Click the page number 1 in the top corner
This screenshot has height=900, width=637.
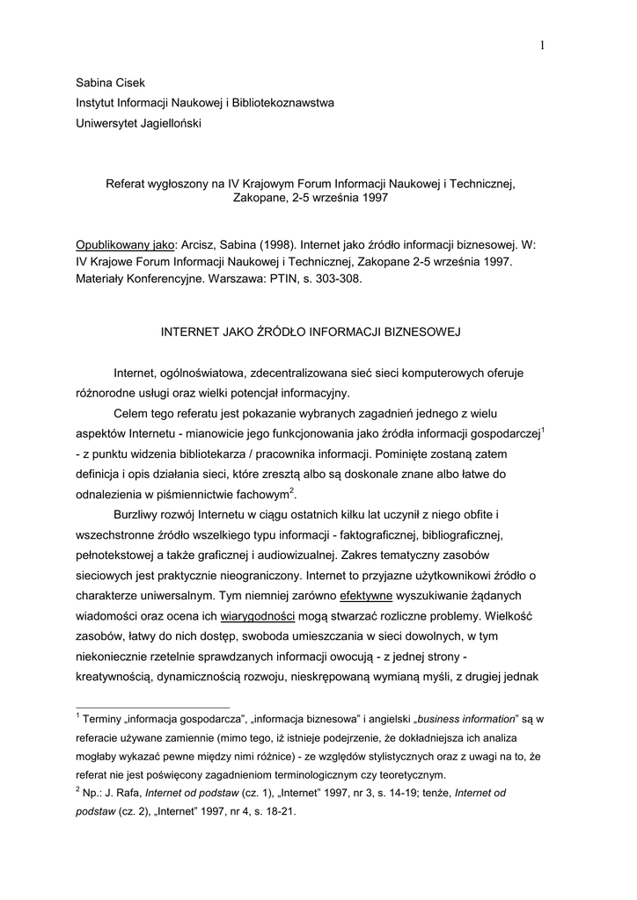pyautogui.click(x=543, y=46)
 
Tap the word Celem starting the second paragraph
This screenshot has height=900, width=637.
pyautogui.click(x=132, y=413)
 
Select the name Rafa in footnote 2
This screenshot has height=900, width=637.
pyautogui.click(x=128, y=793)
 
